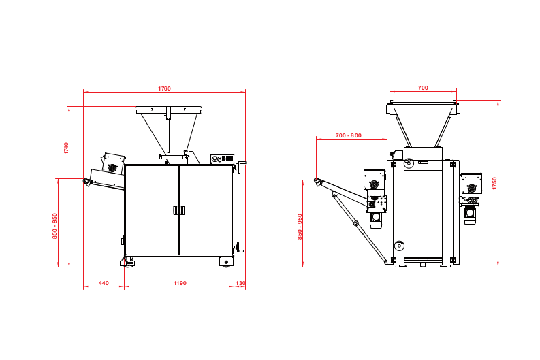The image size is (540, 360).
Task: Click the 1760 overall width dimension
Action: coord(164,88)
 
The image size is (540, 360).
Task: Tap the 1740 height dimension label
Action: coord(66,148)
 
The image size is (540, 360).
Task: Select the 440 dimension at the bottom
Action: coord(104,283)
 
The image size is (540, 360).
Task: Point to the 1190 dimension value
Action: coord(180,283)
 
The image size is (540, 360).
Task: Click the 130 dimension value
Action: coord(240,283)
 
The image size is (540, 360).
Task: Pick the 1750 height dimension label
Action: coord(494,183)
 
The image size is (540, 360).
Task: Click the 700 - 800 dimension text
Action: coord(349,135)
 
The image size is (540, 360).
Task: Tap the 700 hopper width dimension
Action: coord(423,88)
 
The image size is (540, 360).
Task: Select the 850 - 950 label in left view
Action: coord(54,226)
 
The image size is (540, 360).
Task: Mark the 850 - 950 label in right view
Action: coord(300,227)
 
